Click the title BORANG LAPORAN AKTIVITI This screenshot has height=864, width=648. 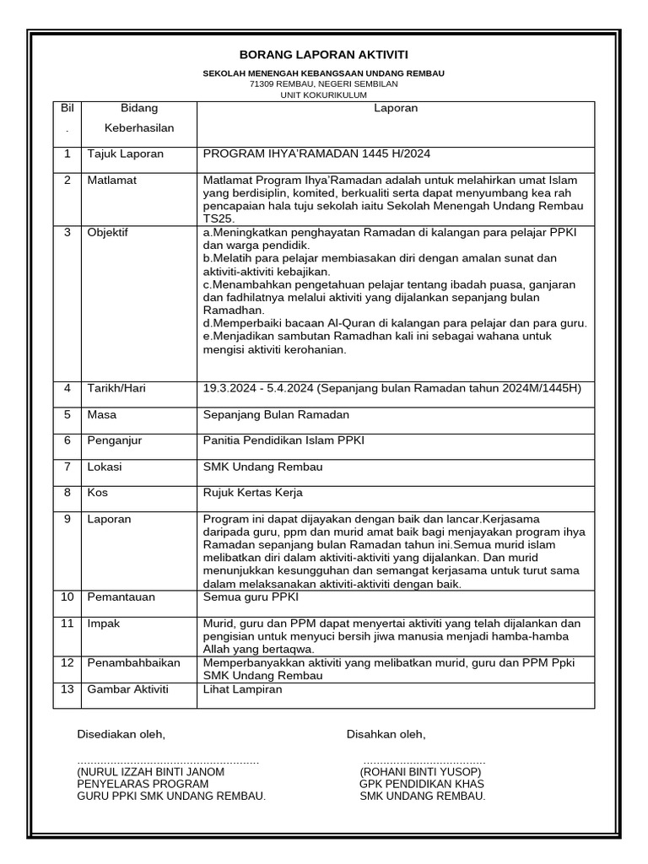pyautogui.click(x=323, y=54)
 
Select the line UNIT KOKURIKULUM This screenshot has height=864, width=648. pyautogui.click(x=323, y=95)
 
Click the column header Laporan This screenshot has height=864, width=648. pyautogui.click(x=396, y=109)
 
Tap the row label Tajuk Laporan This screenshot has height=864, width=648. pyautogui.click(x=126, y=154)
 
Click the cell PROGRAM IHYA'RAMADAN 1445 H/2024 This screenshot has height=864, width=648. pyautogui.click(x=316, y=154)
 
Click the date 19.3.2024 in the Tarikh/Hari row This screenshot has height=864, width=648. pyautogui.click(x=228, y=388)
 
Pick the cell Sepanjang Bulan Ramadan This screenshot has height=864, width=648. pyautogui.click(x=276, y=415)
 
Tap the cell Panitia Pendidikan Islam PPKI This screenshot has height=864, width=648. pyautogui.click(x=284, y=440)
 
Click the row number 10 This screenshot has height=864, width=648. pyautogui.click(x=67, y=597)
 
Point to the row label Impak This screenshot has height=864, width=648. pyautogui.click(x=105, y=624)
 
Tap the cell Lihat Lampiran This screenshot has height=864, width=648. pyautogui.click(x=243, y=689)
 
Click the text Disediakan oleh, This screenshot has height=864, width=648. pyautogui.click(x=121, y=734)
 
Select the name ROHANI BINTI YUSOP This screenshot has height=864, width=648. pyautogui.click(x=420, y=772)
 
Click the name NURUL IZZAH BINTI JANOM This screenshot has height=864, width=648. pyautogui.click(x=152, y=772)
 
